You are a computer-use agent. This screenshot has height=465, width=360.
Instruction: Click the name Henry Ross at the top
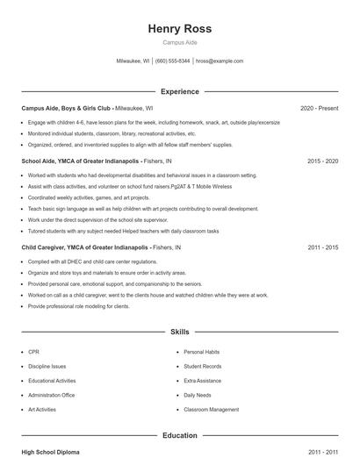[x=180, y=28]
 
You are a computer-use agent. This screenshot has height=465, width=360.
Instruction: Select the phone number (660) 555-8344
[x=173, y=61]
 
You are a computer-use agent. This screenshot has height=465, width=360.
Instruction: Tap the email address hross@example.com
[x=220, y=61]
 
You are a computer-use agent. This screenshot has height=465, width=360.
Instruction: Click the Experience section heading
[x=180, y=91]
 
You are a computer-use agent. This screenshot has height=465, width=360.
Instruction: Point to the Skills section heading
[x=180, y=333]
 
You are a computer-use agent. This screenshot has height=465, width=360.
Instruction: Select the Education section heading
[x=180, y=435]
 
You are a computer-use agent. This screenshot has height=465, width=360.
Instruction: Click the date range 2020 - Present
[x=319, y=108]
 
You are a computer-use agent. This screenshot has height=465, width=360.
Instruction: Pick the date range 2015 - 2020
[x=323, y=161]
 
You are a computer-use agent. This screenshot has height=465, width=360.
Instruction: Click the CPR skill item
[x=33, y=351]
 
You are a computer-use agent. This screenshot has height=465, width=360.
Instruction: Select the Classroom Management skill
[x=211, y=410]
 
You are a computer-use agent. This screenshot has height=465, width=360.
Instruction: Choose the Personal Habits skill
[x=201, y=351]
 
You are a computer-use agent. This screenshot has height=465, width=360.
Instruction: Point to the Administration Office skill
[x=52, y=395]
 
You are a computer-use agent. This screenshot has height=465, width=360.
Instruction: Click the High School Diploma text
[x=50, y=452]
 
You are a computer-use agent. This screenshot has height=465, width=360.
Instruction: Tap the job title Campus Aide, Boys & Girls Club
[x=67, y=108]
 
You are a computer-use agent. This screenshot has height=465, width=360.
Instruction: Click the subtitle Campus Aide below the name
[x=180, y=43]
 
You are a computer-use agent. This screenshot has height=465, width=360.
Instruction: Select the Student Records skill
[x=202, y=366]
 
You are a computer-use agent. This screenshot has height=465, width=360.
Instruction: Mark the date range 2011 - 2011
[x=323, y=452]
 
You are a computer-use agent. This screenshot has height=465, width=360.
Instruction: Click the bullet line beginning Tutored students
[x=123, y=230]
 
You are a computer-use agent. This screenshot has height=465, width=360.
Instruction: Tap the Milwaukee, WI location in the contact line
[x=133, y=61]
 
